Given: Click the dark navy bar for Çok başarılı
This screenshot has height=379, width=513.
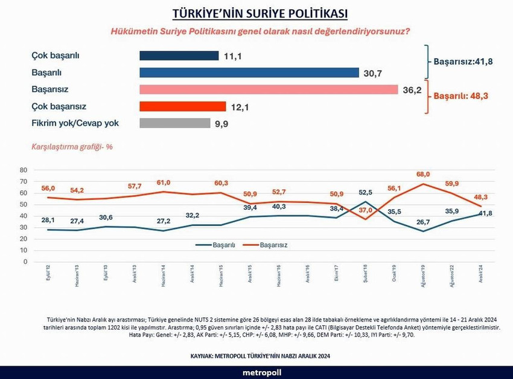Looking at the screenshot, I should (x=179, y=56).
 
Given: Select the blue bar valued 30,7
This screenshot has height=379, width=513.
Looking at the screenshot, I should (x=249, y=73).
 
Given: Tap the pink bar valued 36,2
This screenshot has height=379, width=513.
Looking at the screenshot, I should (x=268, y=89).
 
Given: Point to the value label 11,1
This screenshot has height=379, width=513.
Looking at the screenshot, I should (x=234, y=56).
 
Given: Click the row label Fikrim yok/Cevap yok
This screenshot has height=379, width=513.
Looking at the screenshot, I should (x=75, y=123).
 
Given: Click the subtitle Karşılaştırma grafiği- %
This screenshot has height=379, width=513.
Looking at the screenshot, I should (x=71, y=147).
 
